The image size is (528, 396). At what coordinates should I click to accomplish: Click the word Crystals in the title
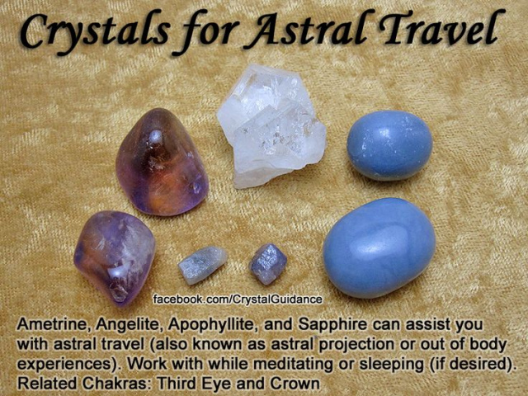tap(93, 31)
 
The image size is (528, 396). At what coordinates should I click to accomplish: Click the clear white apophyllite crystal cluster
tap(271, 125)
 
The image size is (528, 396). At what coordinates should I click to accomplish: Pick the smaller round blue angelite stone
tap(389, 145)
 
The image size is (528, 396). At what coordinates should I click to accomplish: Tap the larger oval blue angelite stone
tap(379, 247)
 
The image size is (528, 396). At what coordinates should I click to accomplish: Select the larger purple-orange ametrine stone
tap(162, 163)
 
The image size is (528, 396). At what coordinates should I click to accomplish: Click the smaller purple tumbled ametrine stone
tap(115, 257)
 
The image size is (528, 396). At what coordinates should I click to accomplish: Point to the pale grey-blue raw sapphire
tap(202, 265)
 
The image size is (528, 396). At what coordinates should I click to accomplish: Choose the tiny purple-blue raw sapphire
tap(267, 264)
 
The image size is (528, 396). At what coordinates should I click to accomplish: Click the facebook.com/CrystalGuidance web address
tap(238, 299)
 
